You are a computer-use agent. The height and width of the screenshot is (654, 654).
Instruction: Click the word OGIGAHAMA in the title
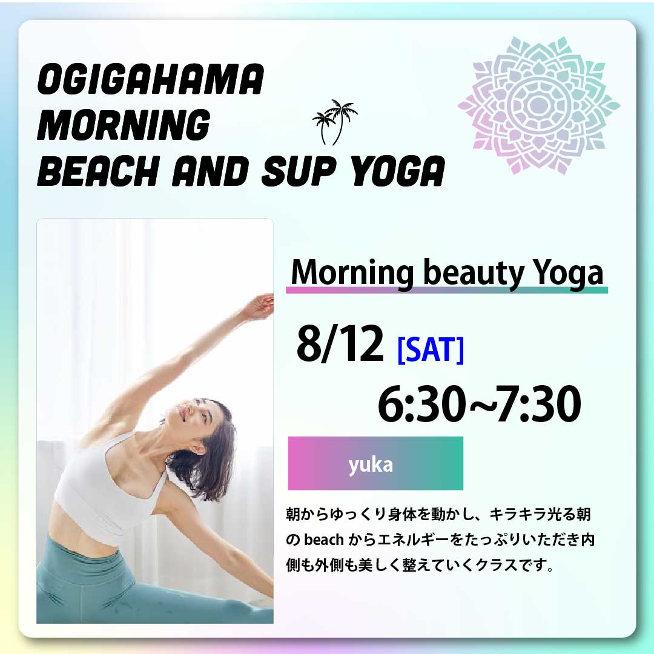click(x=151, y=79)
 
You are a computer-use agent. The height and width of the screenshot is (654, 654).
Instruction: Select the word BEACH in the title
click(x=99, y=171)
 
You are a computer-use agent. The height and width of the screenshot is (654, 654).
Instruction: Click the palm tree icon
click(x=335, y=122)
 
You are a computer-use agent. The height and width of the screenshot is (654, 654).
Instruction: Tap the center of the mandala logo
click(x=539, y=105)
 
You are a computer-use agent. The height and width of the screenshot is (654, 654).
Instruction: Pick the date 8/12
click(x=340, y=343)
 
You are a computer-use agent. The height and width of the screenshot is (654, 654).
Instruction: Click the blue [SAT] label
click(x=431, y=350)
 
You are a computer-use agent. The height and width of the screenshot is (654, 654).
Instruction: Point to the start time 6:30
click(x=421, y=404)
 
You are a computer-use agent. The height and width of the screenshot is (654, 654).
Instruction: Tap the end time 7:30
click(x=539, y=404)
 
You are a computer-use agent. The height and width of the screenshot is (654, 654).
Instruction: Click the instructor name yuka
click(x=371, y=464)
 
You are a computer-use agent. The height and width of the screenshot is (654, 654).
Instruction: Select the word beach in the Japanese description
click(x=323, y=540)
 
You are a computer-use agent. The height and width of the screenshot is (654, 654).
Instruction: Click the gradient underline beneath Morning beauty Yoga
click(x=447, y=290)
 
